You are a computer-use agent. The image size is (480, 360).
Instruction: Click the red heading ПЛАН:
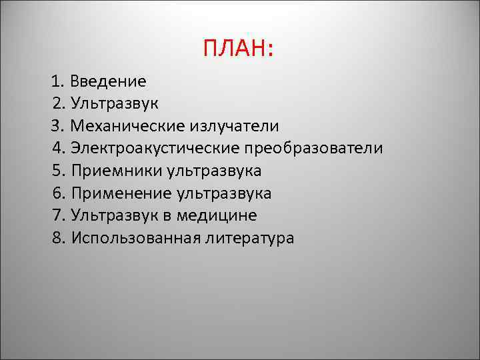239,48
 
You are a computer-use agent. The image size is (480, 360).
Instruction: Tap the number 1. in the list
57,82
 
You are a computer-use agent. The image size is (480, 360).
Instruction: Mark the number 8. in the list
58,238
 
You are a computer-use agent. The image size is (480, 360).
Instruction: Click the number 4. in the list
58,149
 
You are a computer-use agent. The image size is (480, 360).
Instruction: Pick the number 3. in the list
58,126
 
